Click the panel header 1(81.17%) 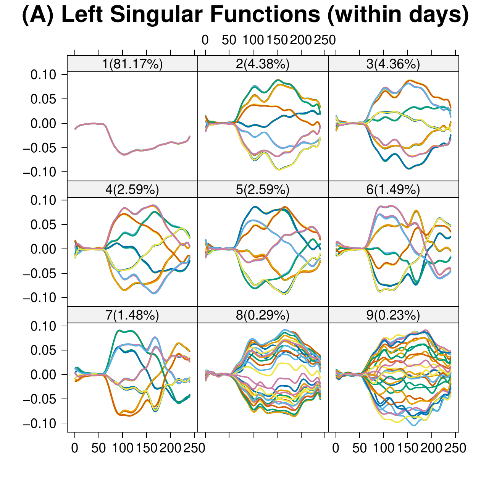tap(132, 64)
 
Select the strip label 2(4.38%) tap(263, 64)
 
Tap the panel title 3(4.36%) tap(393, 64)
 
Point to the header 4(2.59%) tap(132, 190)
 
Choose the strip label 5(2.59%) tap(263, 190)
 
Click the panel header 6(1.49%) tap(393, 190)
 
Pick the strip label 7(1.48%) tap(132, 315)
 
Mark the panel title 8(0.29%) tap(263, 315)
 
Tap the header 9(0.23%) tap(393, 315)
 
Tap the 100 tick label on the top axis tap(253, 40)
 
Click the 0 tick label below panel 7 tap(75, 448)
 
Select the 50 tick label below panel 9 tap(360, 448)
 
